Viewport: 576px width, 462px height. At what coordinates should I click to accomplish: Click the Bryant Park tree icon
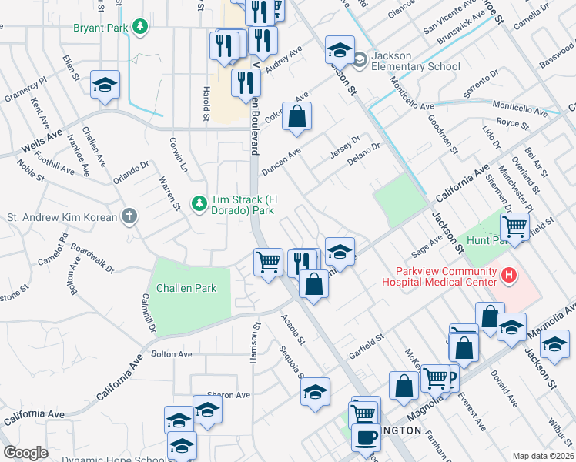click(139, 28)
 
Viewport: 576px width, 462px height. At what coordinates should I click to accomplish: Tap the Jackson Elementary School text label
click(415, 61)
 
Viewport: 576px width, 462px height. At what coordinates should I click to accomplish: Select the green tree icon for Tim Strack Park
click(199, 203)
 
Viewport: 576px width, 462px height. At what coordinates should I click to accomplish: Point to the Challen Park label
click(186, 288)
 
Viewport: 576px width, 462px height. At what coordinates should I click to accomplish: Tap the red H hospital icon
click(508, 275)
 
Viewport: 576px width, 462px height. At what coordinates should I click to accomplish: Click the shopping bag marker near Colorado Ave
click(296, 117)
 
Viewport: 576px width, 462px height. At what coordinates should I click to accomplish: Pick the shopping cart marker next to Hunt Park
click(515, 226)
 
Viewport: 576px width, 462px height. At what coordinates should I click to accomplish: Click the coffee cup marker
click(366, 437)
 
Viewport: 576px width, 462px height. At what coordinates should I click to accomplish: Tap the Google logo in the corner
click(25, 453)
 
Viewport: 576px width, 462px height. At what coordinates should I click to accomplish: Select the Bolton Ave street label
click(171, 354)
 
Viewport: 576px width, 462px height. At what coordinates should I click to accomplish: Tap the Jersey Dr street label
click(345, 143)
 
